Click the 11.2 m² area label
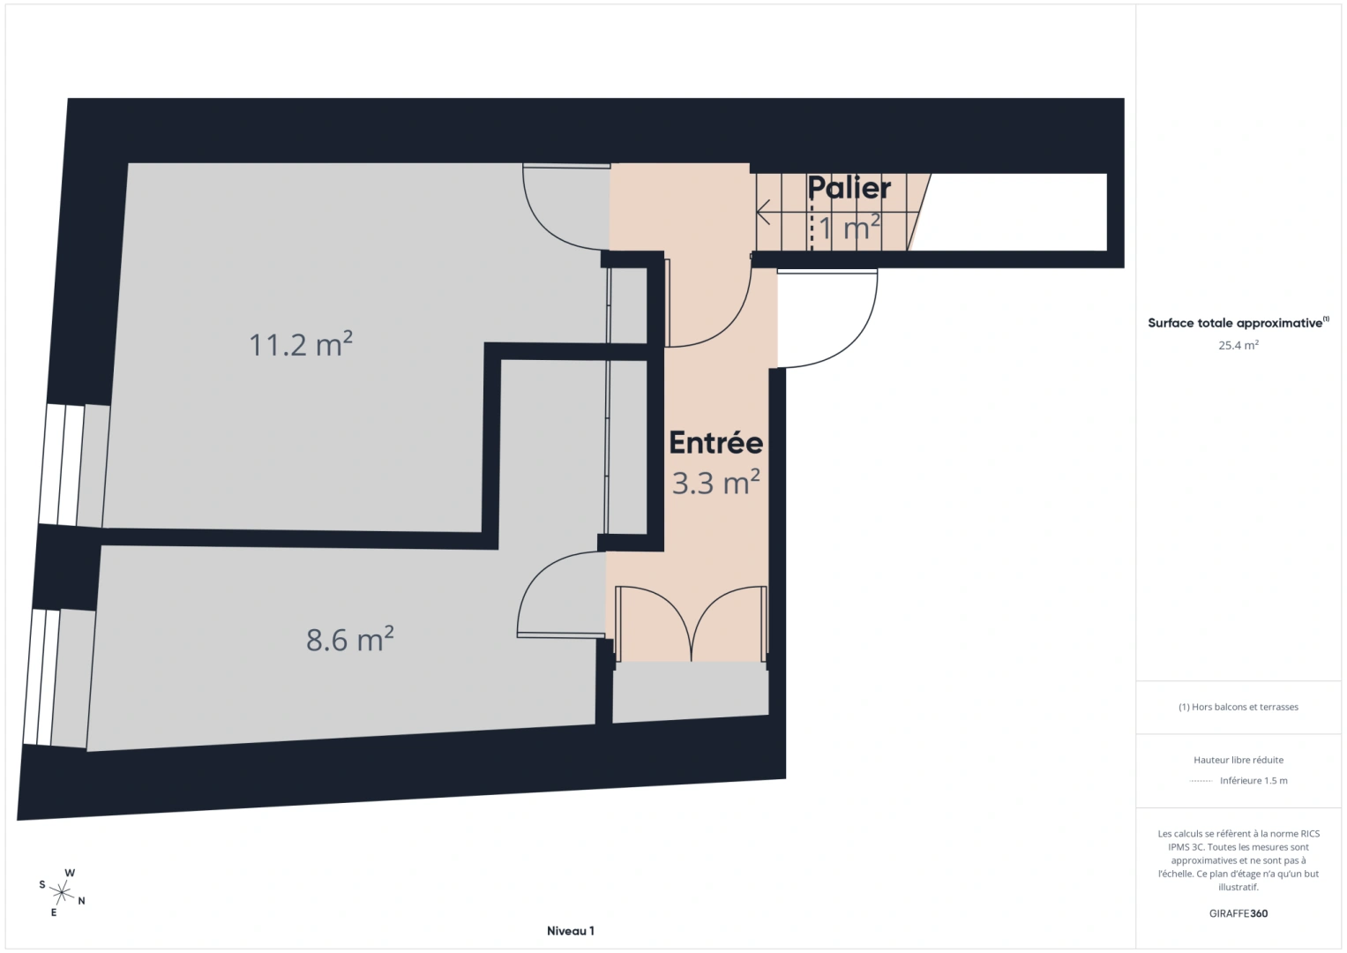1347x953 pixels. pyautogui.click(x=301, y=343)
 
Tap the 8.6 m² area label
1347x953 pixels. pyautogui.click(x=349, y=639)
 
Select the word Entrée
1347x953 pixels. pyautogui.click(x=715, y=443)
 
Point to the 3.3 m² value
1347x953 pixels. pyautogui.click(x=715, y=483)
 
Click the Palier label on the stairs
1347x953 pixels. pyautogui.click(x=849, y=188)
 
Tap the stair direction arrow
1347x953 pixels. pyautogui.click(x=764, y=212)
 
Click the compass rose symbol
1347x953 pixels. pyautogui.click(x=63, y=892)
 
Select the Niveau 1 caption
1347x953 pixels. pyautogui.click(x=570, y=931)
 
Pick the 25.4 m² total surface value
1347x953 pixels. pyautogui.click(x=1238, y=345)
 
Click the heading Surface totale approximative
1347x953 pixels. pyautogui.click(x=1235, y=323)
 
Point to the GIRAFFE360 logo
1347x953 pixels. pyautogui.click(x=1238, y=913)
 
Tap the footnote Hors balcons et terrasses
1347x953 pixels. pyautogui.click(x=1238, y=707)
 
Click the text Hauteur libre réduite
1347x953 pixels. pyautogui.click(x=1238, y=760)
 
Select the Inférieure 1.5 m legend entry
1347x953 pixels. pyautogui.click(x=1253, y=781)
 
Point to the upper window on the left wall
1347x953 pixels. pyautogui.click(x=63, y=465)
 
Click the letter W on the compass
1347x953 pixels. pyautogui.click(x=70, y=874)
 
